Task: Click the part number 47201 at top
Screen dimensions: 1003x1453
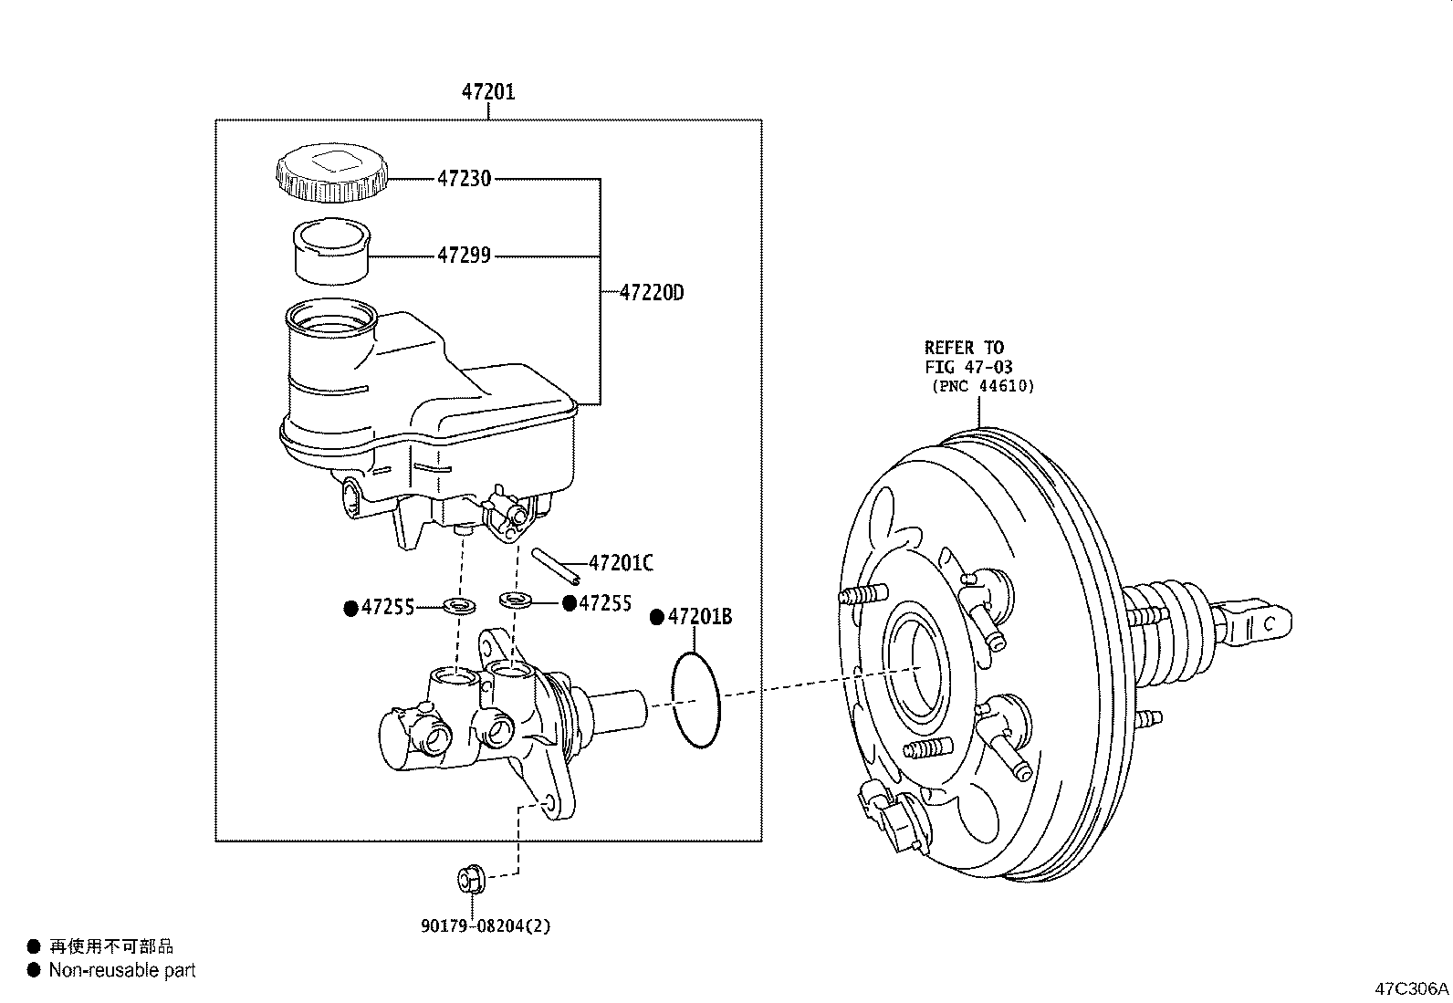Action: pos(487,91)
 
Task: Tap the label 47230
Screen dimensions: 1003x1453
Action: pos(463,179)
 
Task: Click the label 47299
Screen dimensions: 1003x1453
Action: pos(463,256)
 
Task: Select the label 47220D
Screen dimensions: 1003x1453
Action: pos(651,293)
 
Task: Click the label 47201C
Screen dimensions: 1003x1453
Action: pos(621,563)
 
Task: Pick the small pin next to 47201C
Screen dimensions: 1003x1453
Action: pos(555,564)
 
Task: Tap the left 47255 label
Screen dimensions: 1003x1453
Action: pos(387,607)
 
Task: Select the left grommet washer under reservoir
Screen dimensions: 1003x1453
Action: pos(460,605)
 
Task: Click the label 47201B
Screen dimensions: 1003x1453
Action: pos(699,618)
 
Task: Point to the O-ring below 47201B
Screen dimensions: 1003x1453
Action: pos(696,701)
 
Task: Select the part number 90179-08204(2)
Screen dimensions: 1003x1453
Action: pos(486,925)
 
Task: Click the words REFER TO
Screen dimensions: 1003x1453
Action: pos(963,348)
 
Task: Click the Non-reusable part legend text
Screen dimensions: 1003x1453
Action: pos(122,970)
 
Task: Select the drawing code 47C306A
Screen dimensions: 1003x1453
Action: pos(1412,988)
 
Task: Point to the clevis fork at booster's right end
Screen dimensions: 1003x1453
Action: pos(1257,622)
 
